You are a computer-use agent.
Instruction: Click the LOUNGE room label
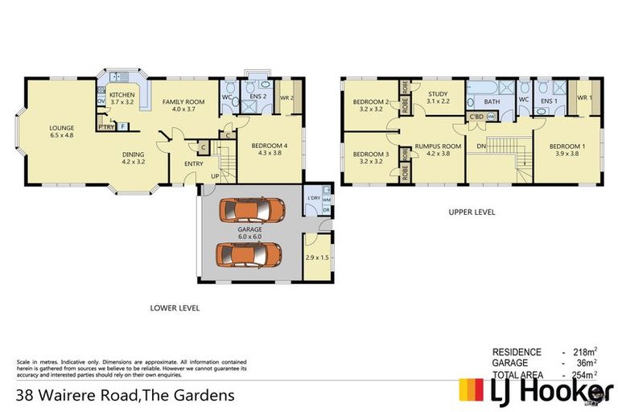pos(61,126)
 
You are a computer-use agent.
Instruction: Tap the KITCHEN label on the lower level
pos(123,95)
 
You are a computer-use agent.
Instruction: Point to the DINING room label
pos(134,154)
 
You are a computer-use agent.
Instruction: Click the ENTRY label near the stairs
pos(193,163)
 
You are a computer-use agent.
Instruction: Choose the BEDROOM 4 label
pos(267,146)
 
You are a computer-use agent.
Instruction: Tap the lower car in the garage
pos(249,255)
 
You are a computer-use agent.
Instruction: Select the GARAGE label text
pos(249,229)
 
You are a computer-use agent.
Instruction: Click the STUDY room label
pos(438,94)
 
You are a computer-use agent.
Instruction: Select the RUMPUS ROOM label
pos(438,146)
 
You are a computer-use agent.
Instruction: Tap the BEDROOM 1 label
pos(566,146)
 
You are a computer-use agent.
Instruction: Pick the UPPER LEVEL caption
pos(472,212)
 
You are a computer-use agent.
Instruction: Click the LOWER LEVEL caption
pos(175,307)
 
